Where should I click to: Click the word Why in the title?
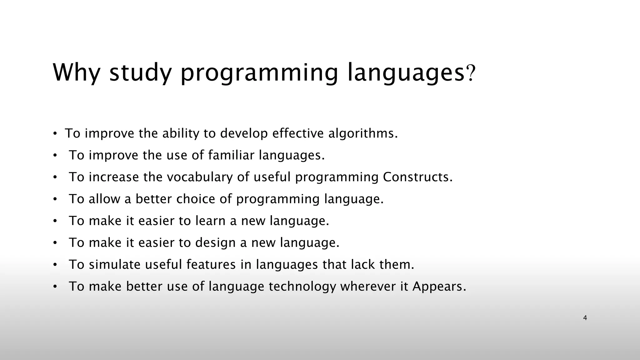tap(76, 72)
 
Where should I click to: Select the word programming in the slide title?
tap(259, 73)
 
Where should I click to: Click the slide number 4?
tap(585, 318)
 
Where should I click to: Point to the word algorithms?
tap(363, 133)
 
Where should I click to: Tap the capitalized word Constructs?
tap(417, 177)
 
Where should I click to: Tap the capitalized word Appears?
tap(439, 287)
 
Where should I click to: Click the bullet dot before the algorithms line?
tap(55, 134)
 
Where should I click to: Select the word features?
tap(211, 265)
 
